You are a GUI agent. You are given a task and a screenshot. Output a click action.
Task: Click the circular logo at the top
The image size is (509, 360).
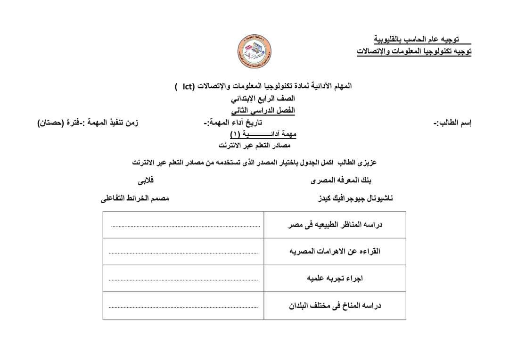tap(254, 51)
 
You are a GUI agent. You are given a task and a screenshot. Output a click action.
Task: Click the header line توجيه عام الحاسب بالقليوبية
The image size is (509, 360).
tap(416, 39)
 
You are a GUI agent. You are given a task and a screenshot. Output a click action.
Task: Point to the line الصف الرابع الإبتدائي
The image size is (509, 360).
tap(263, 98)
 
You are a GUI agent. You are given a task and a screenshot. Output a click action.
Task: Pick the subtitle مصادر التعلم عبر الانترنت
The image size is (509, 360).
tap(254, 145)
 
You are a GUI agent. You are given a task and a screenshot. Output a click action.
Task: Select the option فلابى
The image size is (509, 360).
tap(146, 180)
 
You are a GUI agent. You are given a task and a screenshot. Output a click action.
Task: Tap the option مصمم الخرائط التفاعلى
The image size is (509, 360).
tap(135, 198)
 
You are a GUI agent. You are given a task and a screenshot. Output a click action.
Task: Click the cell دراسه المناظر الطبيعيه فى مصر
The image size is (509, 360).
tap(335, 225)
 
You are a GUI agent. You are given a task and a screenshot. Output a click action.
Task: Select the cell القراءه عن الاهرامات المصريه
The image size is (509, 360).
tap(335, 252)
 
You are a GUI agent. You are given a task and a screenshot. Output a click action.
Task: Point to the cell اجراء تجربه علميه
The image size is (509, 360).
tap(335, 278)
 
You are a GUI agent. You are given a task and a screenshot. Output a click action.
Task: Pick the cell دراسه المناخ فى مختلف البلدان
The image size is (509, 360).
tap(335, 306)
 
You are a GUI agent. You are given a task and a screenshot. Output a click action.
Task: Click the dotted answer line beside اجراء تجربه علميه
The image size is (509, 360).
tap(183, 279)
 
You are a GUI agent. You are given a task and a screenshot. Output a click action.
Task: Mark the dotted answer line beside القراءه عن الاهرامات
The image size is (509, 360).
tap(183, 253)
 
